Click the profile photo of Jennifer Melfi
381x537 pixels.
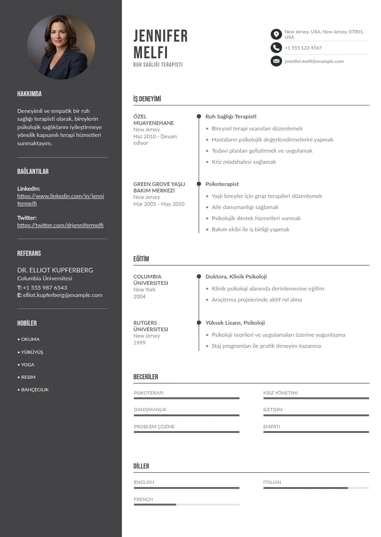tap(61, 46)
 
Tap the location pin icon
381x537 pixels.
tap(276, 34)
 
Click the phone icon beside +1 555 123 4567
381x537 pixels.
tap(276, 47)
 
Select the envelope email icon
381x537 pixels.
tap(276, 61)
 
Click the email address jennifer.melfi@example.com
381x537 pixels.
tap(314, 61)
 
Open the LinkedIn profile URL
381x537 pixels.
tap(60, 199)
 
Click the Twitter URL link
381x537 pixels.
tap(60, 225)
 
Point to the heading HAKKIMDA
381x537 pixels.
tap(29, 94)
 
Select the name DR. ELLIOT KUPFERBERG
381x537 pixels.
tap(55, 270)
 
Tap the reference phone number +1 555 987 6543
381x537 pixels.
tap(45, 288)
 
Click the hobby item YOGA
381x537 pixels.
tap(28, 365)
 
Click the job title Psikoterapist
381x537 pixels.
tap(222, 184)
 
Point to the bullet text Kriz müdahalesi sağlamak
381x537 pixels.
tap(244, 162)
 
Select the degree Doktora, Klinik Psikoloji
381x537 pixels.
tap(236, 277)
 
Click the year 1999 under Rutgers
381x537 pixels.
tap(139, 343)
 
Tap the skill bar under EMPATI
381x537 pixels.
tap(316, 432)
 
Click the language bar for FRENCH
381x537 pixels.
tap(186, 504)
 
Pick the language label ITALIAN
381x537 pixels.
tap(272, 482)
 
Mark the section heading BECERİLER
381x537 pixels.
tap(145, 377)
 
